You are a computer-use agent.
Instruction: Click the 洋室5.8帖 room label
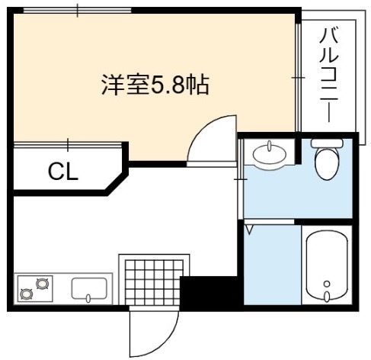155,85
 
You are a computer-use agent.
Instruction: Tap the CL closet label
63,172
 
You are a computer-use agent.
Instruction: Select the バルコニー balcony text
329,76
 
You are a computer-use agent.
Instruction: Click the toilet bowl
327,163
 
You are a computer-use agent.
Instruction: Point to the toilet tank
327,143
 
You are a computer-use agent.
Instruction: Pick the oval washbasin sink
270,154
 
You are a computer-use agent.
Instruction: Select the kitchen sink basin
89,288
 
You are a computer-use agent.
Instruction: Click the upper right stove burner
42,284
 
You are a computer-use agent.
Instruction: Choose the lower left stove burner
27,294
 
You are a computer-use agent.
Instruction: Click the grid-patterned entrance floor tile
154,282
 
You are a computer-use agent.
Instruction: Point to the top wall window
78,11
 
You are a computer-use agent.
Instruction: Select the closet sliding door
68,145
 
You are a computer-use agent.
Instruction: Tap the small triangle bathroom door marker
249,230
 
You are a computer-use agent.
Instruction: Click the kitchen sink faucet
88,298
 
